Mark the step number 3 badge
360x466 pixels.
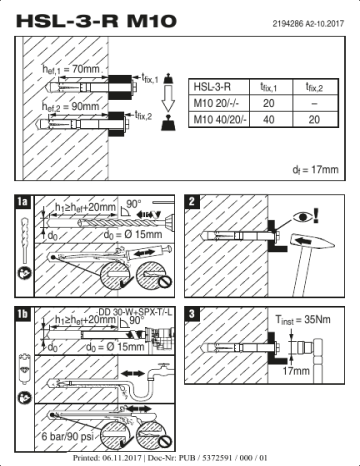coord(193,315)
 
